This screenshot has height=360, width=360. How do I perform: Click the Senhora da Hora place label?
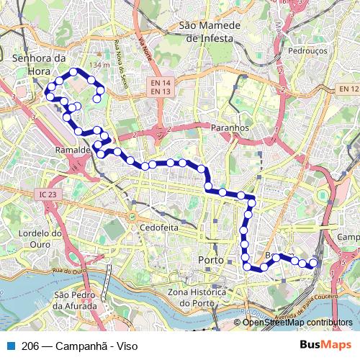click(x=40, y=66)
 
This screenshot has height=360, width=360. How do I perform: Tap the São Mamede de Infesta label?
click(x=207, y=32)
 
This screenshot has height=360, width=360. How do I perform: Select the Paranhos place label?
click(x=230, y=127)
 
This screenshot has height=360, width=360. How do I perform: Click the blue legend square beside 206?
click(x=9, y=346)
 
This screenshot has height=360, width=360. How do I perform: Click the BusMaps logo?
click(x=326, y=345)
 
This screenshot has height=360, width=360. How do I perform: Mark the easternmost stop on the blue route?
click(x=313, y=264)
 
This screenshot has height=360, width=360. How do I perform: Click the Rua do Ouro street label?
click(x=68, y=271)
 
